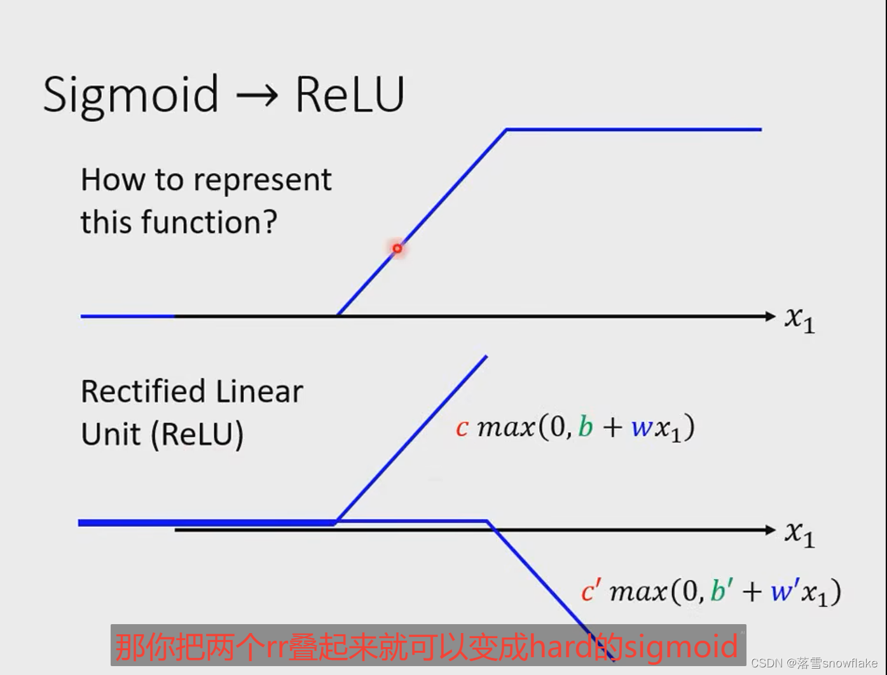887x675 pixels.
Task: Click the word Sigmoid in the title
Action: tap(131, 95)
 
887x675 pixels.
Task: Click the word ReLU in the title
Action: tap(350, 95)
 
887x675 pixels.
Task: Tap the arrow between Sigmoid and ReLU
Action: tap(257, 96)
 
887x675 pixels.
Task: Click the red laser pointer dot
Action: tap(397, 249)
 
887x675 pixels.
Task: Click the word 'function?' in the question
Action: tap(209, 222)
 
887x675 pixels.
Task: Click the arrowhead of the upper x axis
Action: tap(771, 316)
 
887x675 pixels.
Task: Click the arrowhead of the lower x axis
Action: tap(771, 530)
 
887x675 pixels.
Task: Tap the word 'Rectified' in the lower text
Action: tap(144, 392)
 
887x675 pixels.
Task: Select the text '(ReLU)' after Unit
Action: tap(197, 435)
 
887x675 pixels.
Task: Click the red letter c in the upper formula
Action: tap(462, 428)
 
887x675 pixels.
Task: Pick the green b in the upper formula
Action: tap(585, 426)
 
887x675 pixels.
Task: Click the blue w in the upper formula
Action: tap(642, 428)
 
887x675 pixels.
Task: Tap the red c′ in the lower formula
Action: tap(589, 592)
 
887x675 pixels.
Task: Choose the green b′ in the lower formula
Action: tap(720, 591)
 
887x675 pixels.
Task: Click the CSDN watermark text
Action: tap(814, 663)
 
